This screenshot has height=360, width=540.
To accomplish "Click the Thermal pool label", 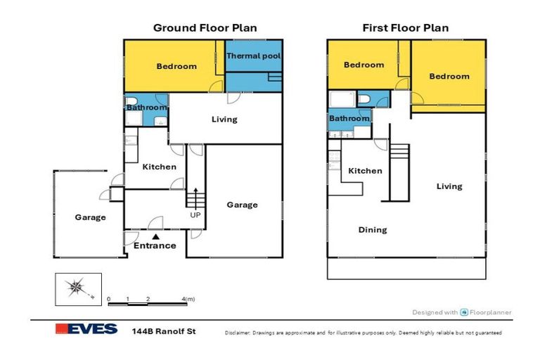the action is pos(253,56).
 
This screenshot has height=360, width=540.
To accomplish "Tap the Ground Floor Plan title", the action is pos(205,28).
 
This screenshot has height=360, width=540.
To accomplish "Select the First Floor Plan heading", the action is pos(405,28).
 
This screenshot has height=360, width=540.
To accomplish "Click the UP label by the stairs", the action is pos(195,215).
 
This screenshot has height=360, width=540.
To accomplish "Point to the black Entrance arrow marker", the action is pos(156,237).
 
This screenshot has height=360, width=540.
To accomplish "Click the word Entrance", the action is pos(155,245).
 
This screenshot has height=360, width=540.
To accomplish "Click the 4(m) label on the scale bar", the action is pos(188,299).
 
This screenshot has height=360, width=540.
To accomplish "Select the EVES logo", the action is pos(86,329).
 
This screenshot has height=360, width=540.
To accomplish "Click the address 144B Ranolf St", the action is pos(164,331).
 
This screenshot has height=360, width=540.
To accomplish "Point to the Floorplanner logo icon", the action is pos(464,312).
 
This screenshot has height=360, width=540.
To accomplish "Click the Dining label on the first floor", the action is pos(373,230).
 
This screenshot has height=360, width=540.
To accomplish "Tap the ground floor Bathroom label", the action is pos(147,108).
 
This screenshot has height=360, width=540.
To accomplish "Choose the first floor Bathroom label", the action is pos(349,119).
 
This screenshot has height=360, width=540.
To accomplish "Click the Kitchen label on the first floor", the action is pos(365,171).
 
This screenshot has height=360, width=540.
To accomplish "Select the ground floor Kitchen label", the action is pos(160,167).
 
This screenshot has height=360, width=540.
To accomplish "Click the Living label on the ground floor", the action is pos(224,120).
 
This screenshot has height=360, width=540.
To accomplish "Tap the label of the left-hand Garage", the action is pos(90,217).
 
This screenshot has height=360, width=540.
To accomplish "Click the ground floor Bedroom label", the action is pos(176,66).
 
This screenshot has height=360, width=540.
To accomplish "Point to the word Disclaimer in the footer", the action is pos(238,333).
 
